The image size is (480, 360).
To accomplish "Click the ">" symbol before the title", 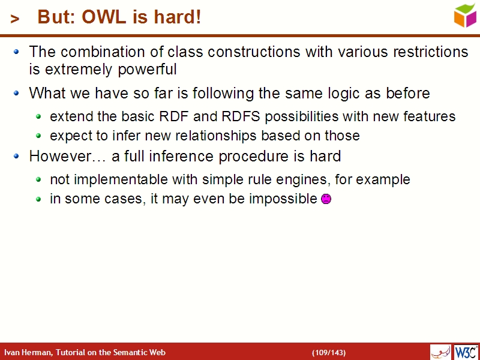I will (16, 19).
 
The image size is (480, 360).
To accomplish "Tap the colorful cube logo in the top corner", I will (465, 15).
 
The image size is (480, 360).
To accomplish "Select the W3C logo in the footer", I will (466, 352).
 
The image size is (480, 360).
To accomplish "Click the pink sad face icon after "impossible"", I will (326, 199).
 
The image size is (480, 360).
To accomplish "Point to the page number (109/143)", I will (328, 352).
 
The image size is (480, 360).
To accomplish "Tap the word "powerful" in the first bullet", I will (147, 70).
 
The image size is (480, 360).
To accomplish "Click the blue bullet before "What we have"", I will (17, 94).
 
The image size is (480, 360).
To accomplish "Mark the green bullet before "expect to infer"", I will (39, 136).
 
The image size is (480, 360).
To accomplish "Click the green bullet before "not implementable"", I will (39, 180).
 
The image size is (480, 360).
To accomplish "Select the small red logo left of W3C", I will (440, 352).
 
